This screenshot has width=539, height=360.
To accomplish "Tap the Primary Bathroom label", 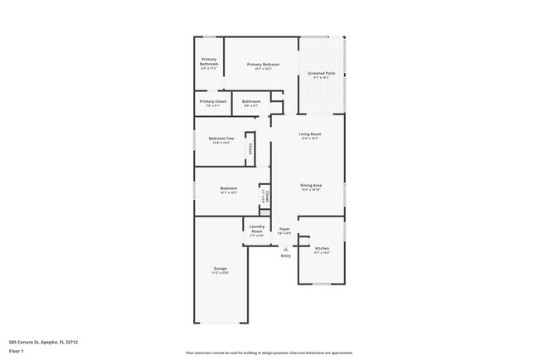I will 209,61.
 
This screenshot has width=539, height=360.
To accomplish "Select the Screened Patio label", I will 322,74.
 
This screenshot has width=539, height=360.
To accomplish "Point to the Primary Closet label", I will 212,101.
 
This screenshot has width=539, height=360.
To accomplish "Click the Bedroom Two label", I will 221,139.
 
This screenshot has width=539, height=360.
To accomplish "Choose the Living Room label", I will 310,134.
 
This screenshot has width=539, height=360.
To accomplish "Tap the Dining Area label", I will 311,185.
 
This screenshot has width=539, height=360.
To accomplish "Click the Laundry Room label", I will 257,228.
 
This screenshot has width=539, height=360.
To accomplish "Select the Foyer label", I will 284,229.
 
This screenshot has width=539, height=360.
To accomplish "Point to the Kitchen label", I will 322,248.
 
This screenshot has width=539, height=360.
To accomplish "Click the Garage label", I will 220,269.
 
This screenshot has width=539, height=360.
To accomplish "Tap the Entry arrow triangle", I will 285,248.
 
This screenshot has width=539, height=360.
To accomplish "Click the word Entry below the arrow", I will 285,255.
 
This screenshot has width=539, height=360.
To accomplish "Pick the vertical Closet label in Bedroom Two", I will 250,148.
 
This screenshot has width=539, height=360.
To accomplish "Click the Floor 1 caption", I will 17,351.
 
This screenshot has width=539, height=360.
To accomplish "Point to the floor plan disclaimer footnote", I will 269,353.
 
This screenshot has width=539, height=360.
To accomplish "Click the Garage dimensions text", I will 220,273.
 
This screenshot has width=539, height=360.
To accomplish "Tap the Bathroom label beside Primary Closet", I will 250,101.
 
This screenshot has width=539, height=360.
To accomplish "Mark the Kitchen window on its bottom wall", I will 322,284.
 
